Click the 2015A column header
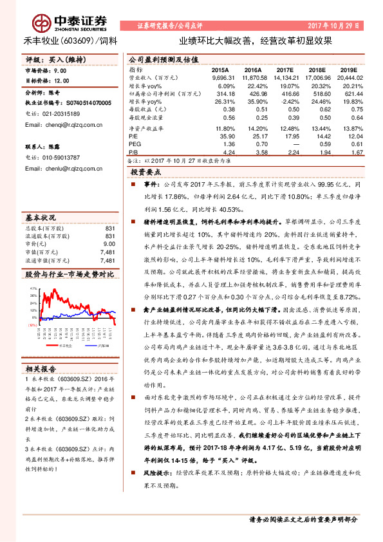tap(220, 69)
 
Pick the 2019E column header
tap(349, 69)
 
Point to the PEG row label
tap(136, 144)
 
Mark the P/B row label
tap(134, 153)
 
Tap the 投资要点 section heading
tap(147, 173)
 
